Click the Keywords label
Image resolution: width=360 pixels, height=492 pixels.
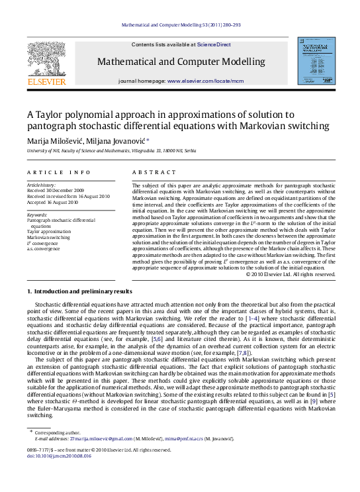click(x=37, y=215)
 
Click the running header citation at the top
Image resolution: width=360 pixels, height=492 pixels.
click(x=180, y=25)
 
